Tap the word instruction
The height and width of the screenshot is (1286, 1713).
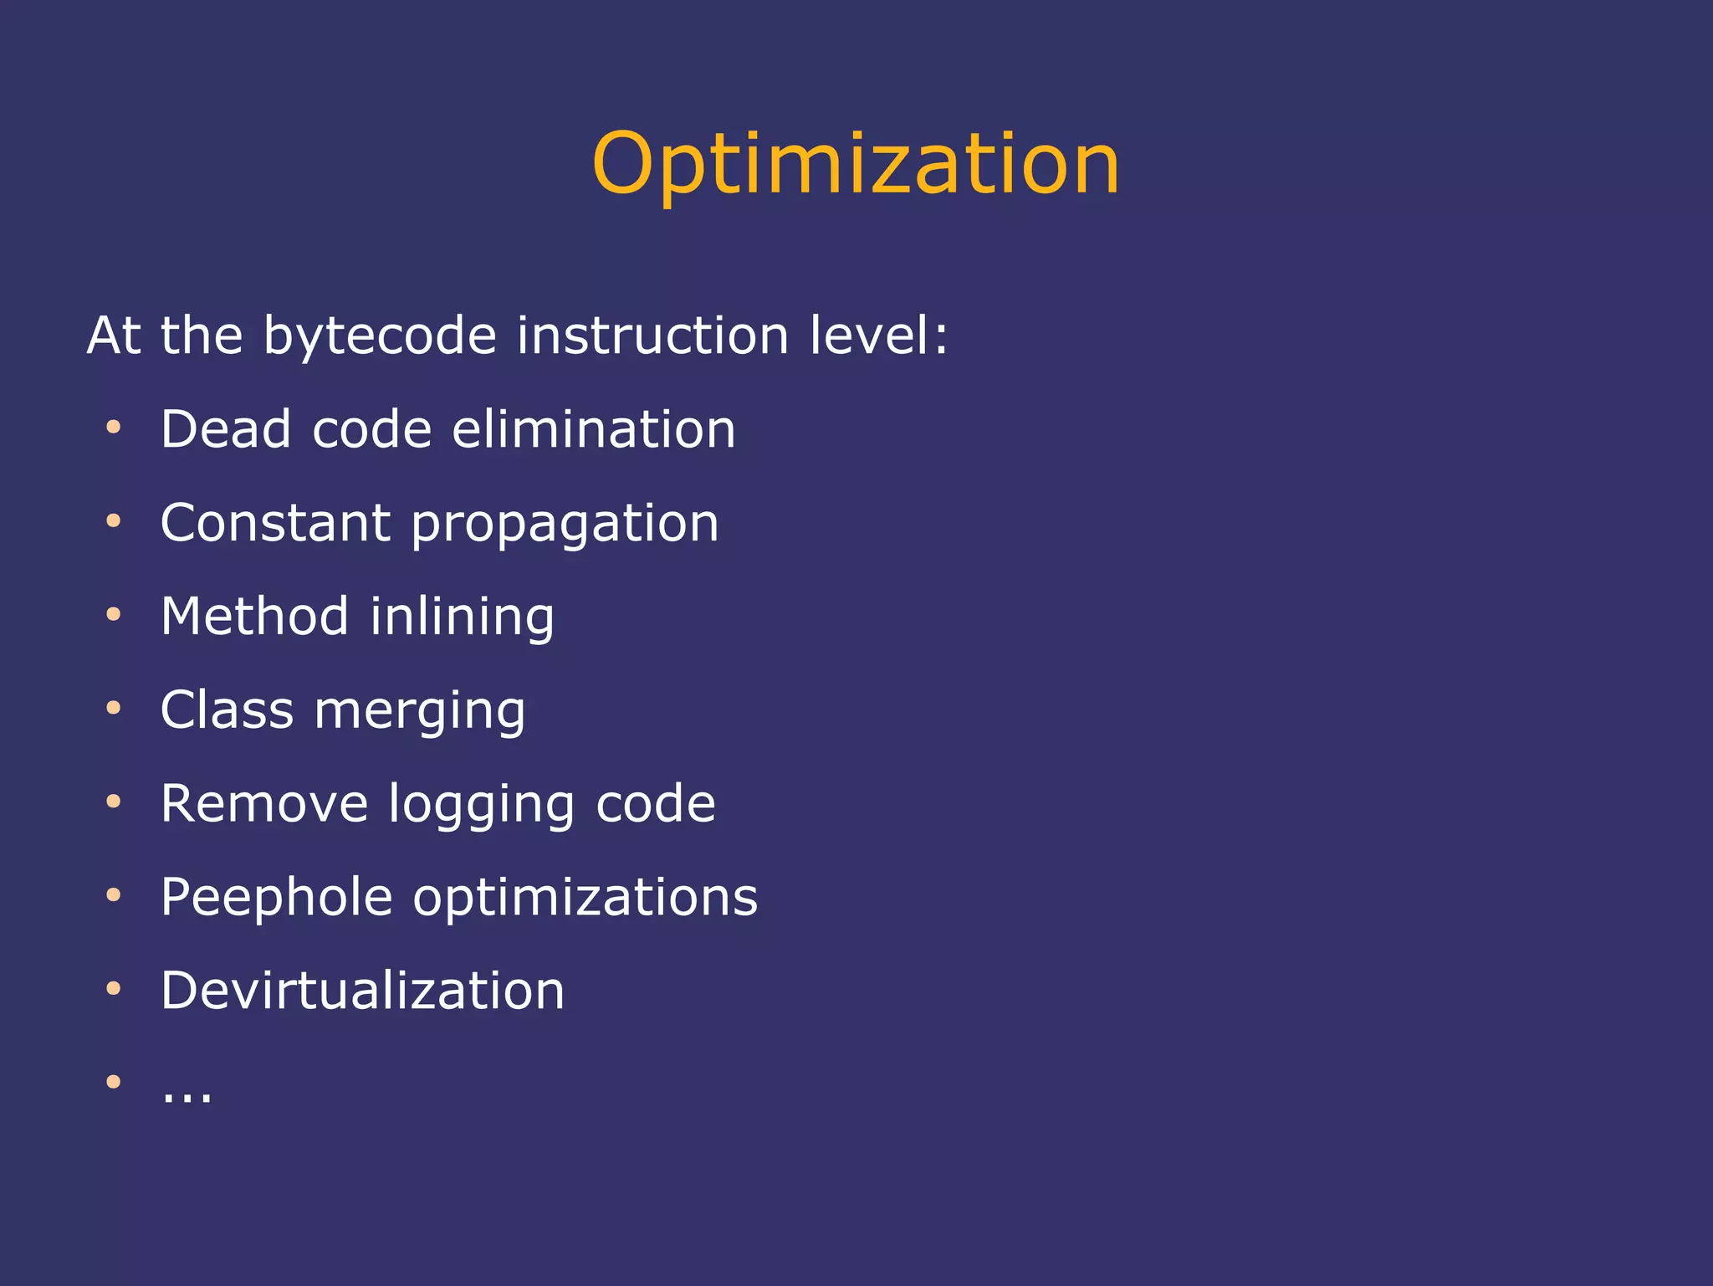[652, 336]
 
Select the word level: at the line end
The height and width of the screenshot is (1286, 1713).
[878, 336]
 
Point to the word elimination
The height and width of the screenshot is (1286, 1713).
[594, 429]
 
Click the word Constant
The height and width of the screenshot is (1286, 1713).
[275, 523]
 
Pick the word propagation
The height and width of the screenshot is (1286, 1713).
[565, 525]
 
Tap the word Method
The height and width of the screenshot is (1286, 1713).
[254, 617]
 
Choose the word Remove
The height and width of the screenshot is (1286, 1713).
[264, 804]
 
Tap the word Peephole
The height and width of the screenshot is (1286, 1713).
[276, 898]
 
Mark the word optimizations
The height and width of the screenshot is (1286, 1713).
[585, 898]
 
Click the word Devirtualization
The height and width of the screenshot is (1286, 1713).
[362, 991]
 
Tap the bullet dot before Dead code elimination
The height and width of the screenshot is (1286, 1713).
[114, 428]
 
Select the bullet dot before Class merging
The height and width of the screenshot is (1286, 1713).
[114, 709]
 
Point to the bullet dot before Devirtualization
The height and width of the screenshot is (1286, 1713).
[114, 989]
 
